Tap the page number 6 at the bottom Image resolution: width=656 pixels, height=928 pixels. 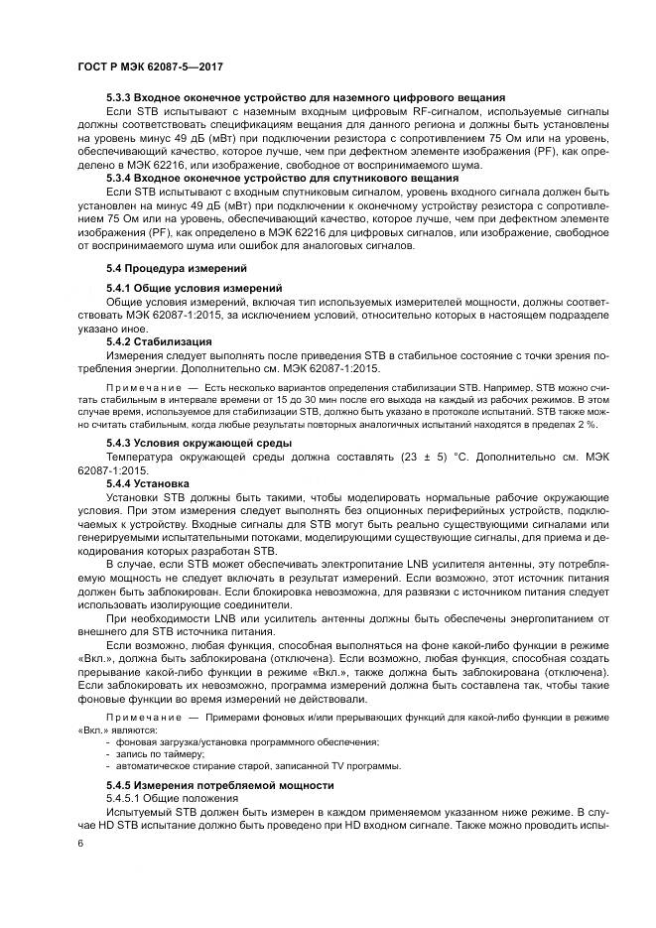80,843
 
